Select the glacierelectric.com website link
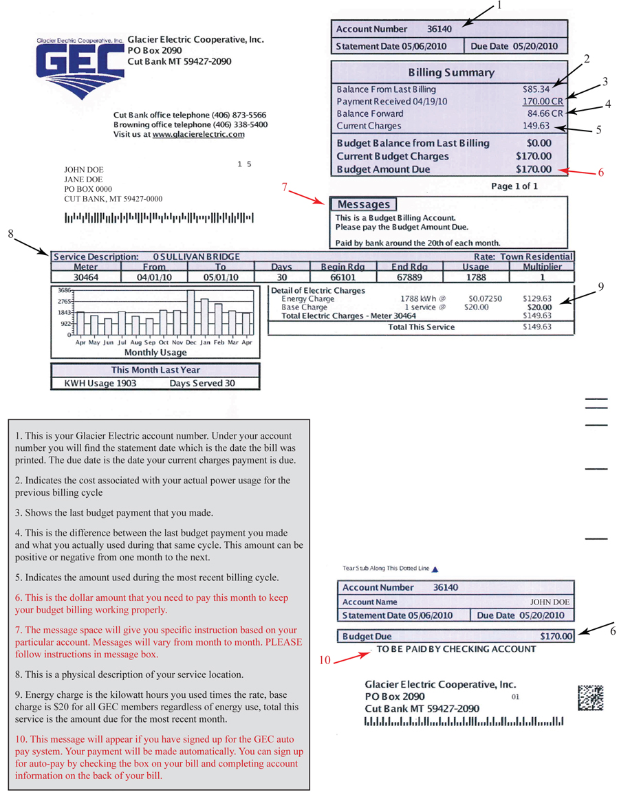click(199, 135)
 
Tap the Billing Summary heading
click(450, 72)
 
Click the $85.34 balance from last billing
click(536, 89)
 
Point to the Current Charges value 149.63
click(536, 126)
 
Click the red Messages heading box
click(364, 204)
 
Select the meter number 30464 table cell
click(85, 277)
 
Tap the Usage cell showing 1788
click(475, 277)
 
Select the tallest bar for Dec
click(191, 311)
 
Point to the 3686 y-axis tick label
click(64, 291)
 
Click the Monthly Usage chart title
click(155, 352)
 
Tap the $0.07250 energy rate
click(484, 299)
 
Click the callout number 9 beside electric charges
click(600, 287)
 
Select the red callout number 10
click(324, 661)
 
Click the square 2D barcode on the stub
click(590, 698)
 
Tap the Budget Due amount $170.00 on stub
click(556, 636)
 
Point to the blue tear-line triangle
click(435, 569)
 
